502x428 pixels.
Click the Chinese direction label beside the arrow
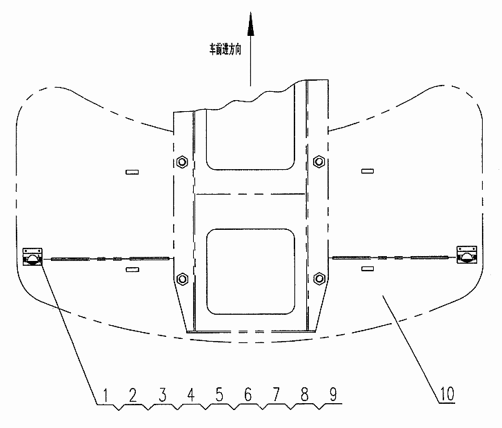[x=225, y=50]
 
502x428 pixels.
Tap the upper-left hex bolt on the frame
[x=182, y=162]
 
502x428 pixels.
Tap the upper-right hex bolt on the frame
[x=319, y=162]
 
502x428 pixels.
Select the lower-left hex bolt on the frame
[x=182, y=279]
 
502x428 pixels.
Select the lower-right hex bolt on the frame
[x=319, y=278]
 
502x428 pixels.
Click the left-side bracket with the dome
[x=32, y=257]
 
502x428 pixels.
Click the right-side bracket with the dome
[x=467, y=255]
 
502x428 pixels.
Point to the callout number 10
[x=447, y=393]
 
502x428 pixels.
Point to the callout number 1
[x=106, y=396]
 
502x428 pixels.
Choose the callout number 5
[x=219, y=395]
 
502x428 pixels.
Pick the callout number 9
[x=333, y=395]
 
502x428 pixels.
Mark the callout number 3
[x=163, y=395]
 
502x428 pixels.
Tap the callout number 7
[x=276, y=395]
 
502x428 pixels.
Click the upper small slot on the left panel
[x=132, y=172]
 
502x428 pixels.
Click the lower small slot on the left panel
[x=132, y=270]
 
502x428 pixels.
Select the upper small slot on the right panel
[x=368, y=171]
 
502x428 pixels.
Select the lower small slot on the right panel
[x=368, y=269]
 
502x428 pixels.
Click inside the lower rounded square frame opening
[x=251, y=271]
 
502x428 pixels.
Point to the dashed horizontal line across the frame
[x=250, y=194]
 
